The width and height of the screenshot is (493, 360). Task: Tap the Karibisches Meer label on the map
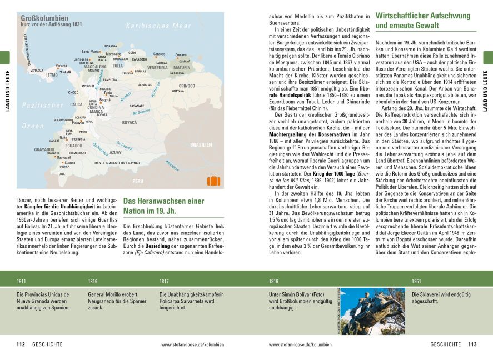point(158,26)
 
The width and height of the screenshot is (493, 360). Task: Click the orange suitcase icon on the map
point(213,181)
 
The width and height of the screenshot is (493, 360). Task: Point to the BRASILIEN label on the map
point(201,144)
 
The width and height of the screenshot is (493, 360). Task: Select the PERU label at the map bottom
point(137,181)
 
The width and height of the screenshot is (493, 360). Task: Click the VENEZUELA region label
point(157,67)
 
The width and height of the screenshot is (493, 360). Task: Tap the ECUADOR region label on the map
point(74,146)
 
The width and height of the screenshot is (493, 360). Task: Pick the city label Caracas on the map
point(159,54)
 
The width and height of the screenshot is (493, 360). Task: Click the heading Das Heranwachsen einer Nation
point(164,206)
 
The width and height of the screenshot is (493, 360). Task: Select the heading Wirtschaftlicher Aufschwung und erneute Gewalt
point(422,21)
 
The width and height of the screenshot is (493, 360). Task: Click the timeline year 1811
point(22,281)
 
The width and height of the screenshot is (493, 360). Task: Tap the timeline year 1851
point(417,281)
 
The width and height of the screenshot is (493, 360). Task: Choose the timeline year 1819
point(273,281)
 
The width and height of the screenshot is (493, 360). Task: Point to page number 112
point(21,344)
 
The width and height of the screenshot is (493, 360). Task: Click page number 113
point(472,344)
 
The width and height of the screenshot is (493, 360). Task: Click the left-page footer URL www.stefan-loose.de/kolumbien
point(193,344)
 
